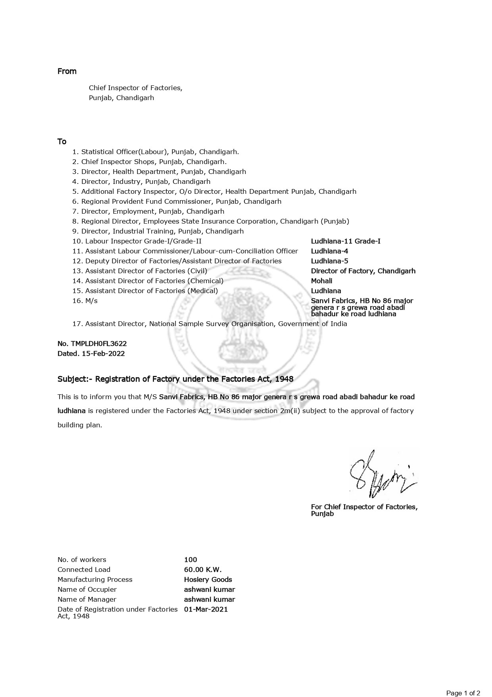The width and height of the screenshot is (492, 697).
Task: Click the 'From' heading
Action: click(67, 71)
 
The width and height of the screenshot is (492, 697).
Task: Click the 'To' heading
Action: click(62, 142)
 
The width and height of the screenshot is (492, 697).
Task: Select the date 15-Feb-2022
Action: click(103, 353)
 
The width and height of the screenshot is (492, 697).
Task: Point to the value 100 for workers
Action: click(190, 560)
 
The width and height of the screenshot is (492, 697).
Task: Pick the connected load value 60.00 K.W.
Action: click(203, 570)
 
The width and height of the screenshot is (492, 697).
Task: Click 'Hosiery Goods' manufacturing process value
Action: click(208, 579)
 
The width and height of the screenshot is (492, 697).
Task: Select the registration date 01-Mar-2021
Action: click(206, 609)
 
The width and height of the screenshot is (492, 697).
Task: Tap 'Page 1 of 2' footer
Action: click(463, 693)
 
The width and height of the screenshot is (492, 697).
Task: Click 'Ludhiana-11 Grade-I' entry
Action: click(346, 241)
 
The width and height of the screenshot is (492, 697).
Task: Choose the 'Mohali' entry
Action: click(321, 281)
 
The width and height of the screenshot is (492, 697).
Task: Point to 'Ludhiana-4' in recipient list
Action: click(329, 251)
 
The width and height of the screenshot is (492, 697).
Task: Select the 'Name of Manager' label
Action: click(87, 599)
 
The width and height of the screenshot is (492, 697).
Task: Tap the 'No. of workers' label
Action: click(82, 560)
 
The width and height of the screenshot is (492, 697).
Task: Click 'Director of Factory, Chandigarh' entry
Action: click(363, 271)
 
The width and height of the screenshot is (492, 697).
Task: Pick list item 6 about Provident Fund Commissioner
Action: click(177, 201)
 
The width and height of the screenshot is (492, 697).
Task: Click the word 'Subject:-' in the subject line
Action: click(75, 379)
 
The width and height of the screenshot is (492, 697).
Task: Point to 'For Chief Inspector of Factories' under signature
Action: click(364, 507)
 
